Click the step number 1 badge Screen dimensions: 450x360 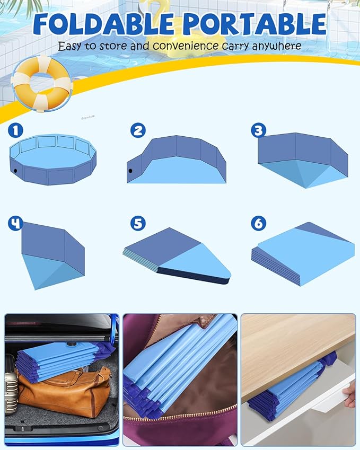coord(15,130)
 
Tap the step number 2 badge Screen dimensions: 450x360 coord(138,130)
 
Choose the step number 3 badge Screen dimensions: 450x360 coord(258,130)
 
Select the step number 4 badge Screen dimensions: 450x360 coord(15,223)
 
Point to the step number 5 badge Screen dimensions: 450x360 coord(138,223)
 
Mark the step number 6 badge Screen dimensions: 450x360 coord(258,223)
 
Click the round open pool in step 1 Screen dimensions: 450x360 coord(53,159)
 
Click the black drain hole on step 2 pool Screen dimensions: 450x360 coord(130,171)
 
